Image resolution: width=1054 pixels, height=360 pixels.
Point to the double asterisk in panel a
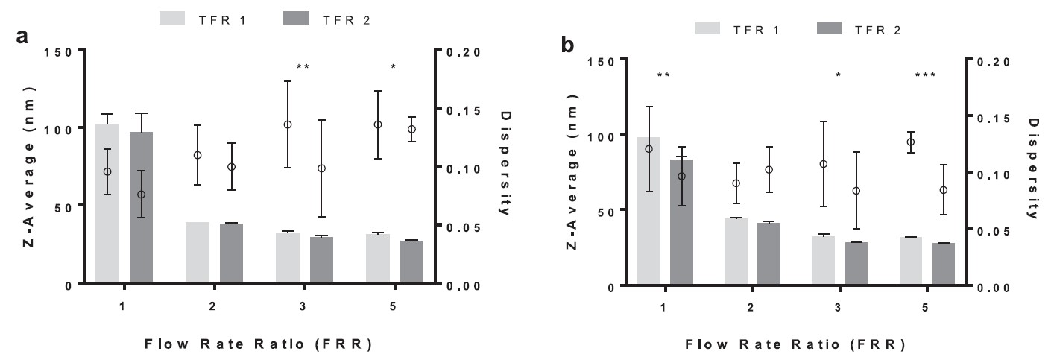(x=303, y=67)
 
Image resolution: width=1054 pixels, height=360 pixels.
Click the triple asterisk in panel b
(x=924, y=75)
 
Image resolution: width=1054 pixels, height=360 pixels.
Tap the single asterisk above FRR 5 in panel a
(x=394, y=67)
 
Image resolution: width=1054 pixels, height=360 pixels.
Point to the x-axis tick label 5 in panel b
(x=925, y=309)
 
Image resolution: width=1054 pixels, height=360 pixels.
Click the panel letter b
(x=567, y=45)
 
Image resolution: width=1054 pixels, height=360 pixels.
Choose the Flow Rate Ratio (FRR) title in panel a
(x=258, y=344)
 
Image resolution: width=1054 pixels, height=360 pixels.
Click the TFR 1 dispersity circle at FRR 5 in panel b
(x=910, y=142)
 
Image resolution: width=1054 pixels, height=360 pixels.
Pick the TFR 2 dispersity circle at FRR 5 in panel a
(x=411, y=129)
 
